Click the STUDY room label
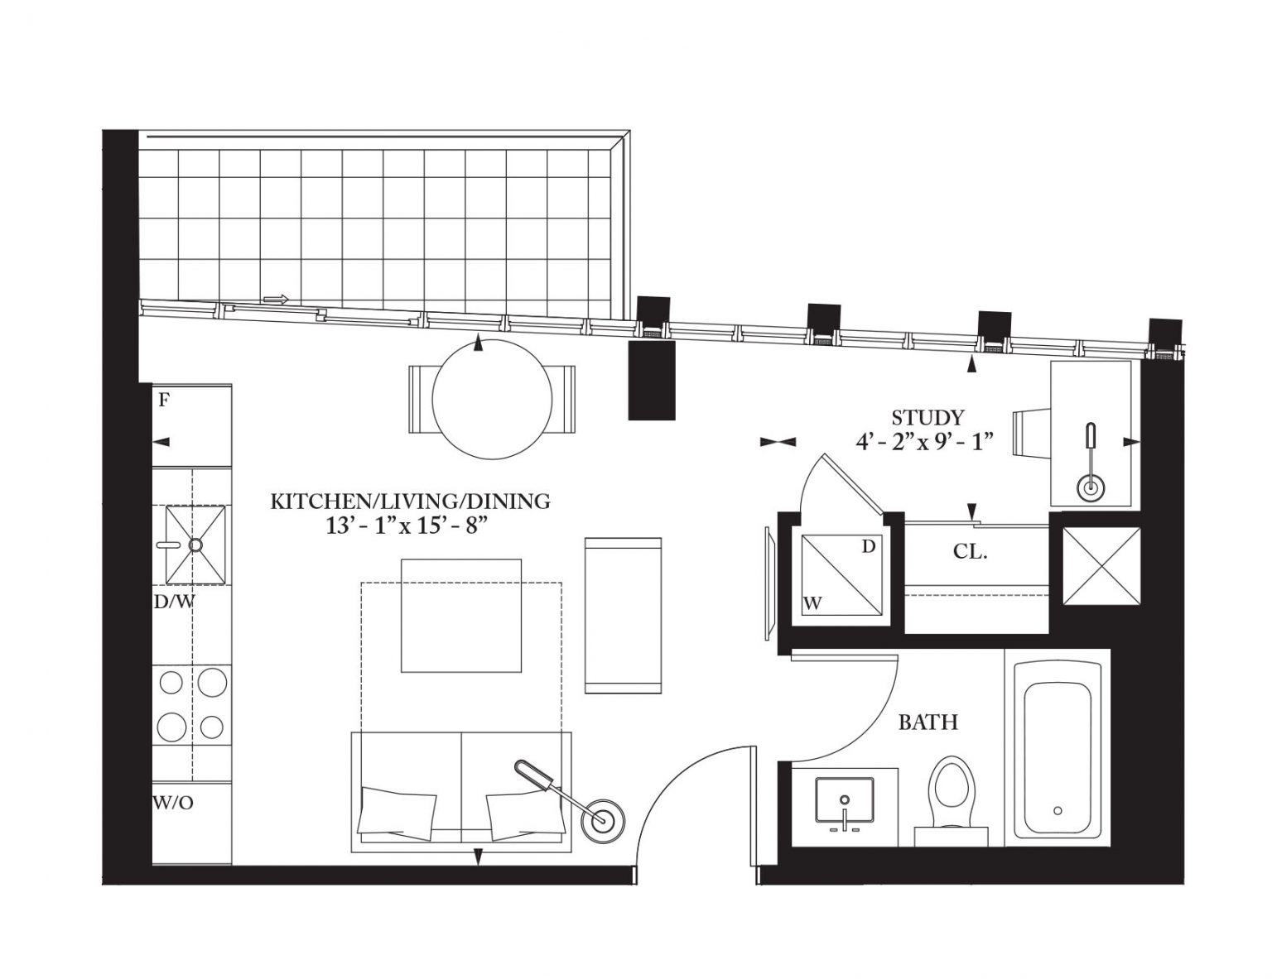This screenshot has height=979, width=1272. [927, 418]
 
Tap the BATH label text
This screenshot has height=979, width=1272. [927, 722]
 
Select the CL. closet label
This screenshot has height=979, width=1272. [970, 551]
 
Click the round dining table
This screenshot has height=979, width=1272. [492, 399]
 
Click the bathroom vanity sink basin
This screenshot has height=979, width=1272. [844, 799]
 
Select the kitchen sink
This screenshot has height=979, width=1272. [195, 545]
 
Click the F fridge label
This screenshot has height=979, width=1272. [165, 401]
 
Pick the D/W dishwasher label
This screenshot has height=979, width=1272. [174, 602]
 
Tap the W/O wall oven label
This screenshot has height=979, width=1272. [173, 803]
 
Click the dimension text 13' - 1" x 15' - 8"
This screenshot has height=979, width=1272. [407, 526]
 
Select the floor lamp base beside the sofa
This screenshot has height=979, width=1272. [600, 821]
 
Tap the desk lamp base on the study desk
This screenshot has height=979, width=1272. [1091, 487]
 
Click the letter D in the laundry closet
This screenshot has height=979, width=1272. [868, 547]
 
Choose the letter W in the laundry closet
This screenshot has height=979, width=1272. [812, 604]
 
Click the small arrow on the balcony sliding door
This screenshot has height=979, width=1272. [277, 300]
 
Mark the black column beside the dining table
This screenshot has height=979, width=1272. [652, 380]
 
